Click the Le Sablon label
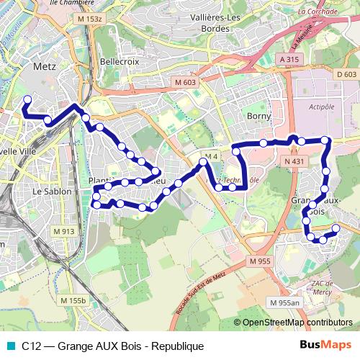point(53,192)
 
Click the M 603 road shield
point(184,83)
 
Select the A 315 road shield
point(289,60)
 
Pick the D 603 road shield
point(346,74)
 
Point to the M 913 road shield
point(64,231)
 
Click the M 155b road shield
point(73,300)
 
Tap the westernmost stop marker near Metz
point(28,99)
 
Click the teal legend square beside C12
point(10,346)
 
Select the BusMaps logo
point(326,346)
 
